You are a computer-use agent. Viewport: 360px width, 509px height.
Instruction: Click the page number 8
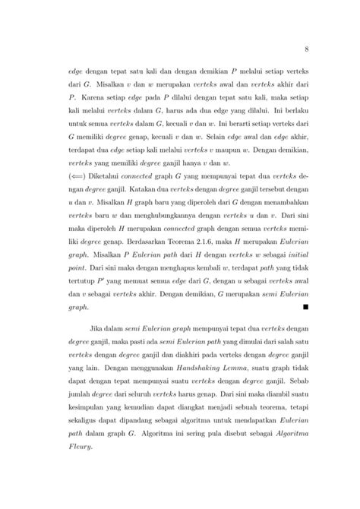tap(305, 50)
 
